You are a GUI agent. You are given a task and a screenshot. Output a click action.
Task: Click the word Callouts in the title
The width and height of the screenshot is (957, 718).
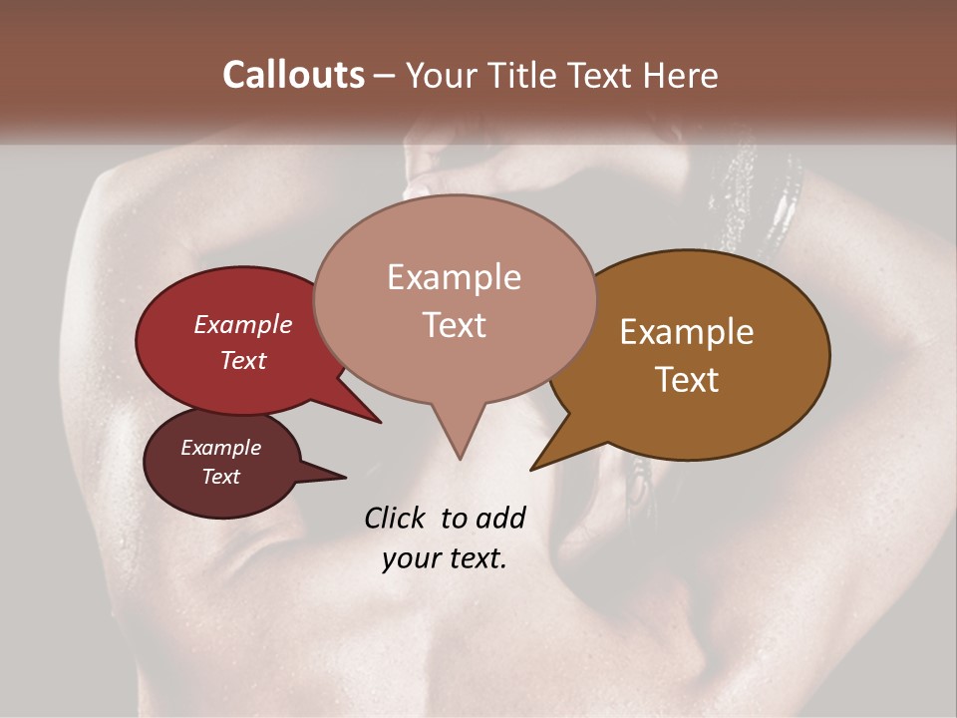tap(293, 76)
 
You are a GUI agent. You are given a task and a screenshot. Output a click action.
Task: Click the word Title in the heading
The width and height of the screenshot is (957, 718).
tap(517, 76)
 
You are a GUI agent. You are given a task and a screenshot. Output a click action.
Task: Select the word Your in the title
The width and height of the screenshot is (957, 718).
tap(443, 76)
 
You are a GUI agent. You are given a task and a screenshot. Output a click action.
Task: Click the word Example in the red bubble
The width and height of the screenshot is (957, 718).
tap(243, 325)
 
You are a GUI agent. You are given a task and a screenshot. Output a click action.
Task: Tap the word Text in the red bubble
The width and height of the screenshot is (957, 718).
tap(243, 360)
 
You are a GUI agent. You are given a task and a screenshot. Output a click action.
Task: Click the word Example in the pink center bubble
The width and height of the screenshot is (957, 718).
tap(454, 277)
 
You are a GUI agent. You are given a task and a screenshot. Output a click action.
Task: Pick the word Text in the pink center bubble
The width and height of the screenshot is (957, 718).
tap(454, 325)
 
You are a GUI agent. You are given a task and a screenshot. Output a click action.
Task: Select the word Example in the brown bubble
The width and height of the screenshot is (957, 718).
tap(687, 332)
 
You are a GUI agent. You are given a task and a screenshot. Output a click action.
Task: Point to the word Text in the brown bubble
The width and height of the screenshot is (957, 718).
tap(687, 379)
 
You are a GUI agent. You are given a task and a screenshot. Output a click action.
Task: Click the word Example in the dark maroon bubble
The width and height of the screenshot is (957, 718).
tap(220, 448)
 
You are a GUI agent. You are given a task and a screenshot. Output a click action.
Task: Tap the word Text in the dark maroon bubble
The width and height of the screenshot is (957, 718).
tap(220, 477)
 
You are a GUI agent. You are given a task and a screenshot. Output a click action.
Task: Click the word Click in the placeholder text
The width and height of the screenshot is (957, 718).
tap(396, 518)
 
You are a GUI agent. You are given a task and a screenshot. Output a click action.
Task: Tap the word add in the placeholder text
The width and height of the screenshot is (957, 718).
tap(499, 518)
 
